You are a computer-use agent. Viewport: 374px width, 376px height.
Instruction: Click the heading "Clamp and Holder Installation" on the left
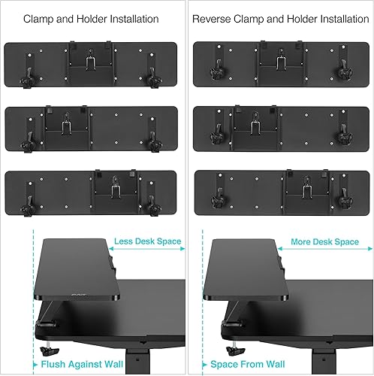click(92, 18)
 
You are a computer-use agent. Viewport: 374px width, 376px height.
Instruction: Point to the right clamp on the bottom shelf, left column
click(155, 202)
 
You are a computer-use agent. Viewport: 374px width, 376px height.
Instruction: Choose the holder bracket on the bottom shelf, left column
click(113, 185)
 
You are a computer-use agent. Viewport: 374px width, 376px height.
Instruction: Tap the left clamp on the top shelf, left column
click(32, 75)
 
